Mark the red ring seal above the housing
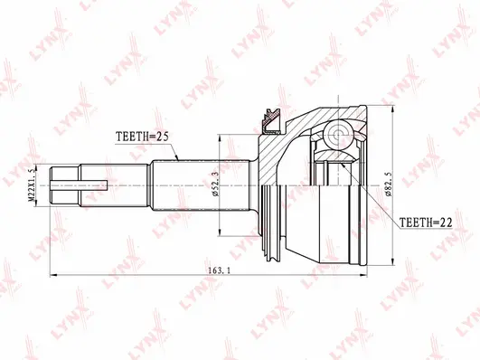coord(268,115)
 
